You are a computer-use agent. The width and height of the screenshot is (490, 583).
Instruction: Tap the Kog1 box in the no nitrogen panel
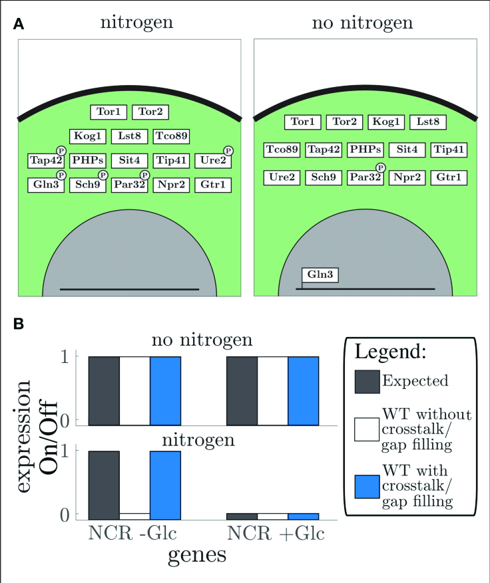click(x=387, y=122)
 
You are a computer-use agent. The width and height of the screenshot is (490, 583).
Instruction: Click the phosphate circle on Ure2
click(x=228, y=152)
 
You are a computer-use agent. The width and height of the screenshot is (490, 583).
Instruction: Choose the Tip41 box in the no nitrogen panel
click(x=449, y=150)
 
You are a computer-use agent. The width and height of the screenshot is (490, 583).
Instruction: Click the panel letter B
click(x=20, y=324)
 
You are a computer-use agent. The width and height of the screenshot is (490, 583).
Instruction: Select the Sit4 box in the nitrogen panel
click(x=130, y=161)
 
